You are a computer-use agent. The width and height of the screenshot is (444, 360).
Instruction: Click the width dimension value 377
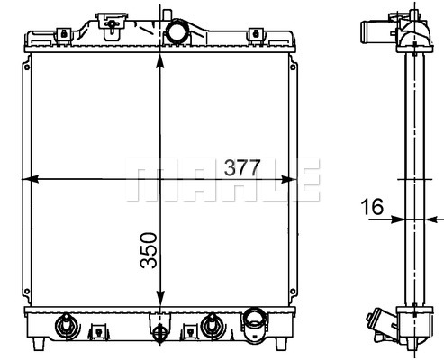pyautogui.click(x=242, y=167)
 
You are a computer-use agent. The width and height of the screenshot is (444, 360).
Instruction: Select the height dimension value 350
pyautogui.click(x=149, y=250)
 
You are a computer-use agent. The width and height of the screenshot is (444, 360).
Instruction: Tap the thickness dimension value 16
pyautogui.click(x=372, y=207)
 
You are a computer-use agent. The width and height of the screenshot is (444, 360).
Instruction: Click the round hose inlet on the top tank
pyautogui.click(x=177, y=31)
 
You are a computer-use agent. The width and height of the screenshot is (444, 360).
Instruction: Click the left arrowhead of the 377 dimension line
pyautogui.click(x=31, y=179)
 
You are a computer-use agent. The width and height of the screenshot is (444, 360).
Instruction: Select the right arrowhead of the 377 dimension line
pyautogui.click(x=288, y=179)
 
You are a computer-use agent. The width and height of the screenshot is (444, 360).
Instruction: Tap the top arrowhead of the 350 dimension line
pyautogui.click(x=160, y=63)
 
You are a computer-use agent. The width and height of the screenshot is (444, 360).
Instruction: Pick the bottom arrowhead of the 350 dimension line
pyautogui.click(x=160, y=298)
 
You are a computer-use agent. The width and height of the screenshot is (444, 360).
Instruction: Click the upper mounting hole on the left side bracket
pyautogui.click(x=27, y=67)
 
